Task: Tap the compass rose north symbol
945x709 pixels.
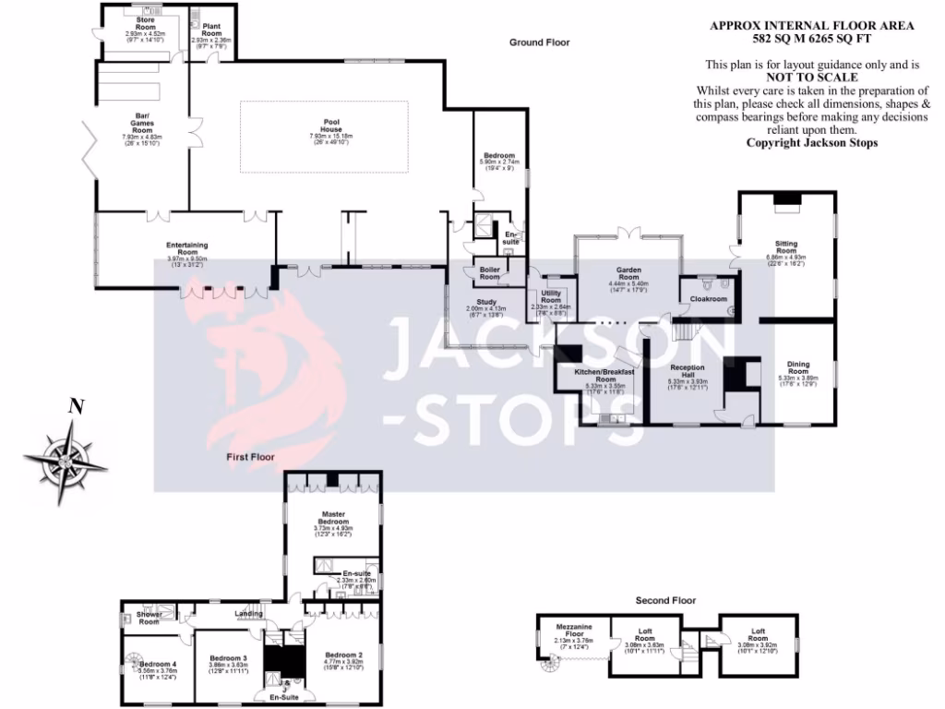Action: [x=66, y=459]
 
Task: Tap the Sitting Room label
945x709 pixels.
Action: [x=785, y=250]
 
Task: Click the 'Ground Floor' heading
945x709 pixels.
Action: [x=540, y=42]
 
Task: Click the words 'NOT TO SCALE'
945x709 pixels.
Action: [x=812, y=78]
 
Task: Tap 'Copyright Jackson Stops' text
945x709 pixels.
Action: [x=812, y=143]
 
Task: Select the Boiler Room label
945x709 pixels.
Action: [x=489, y=273]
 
